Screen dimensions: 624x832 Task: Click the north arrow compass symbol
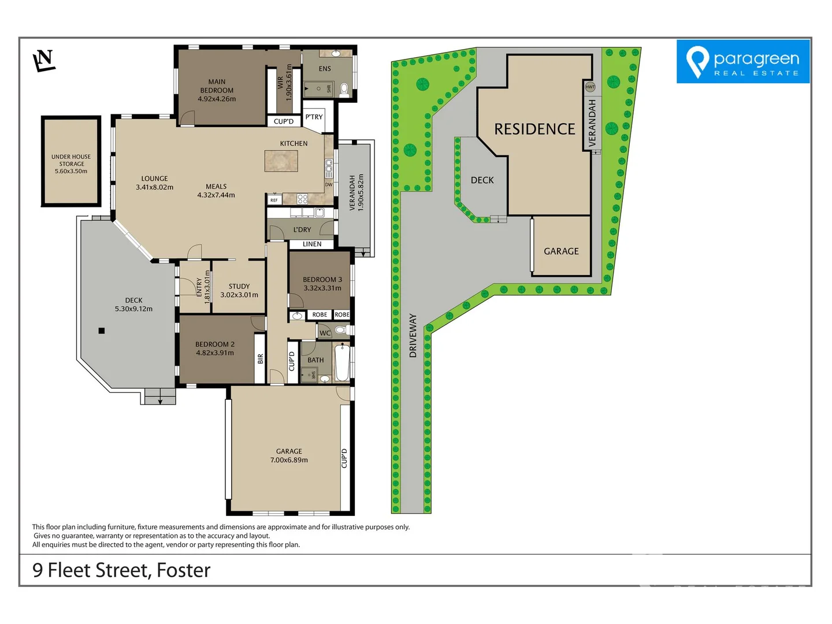44,61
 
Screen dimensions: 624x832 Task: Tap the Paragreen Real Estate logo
743,61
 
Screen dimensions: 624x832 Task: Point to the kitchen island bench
281,161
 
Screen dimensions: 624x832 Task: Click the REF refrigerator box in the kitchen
274,200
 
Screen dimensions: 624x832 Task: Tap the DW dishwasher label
329,185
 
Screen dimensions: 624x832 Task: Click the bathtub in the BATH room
342,362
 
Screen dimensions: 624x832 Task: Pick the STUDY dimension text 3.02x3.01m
239,295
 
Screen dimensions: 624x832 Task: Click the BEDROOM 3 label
322,279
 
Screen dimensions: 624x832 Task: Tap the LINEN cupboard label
312,244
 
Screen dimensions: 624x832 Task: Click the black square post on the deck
102,330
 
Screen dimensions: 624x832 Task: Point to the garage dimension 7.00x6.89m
289,460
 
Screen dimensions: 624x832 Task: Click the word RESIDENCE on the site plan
534,129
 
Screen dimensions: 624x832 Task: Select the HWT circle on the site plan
590,87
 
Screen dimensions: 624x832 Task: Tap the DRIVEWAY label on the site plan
413,336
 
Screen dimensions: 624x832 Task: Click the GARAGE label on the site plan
561,251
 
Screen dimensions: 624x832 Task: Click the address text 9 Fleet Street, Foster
121,570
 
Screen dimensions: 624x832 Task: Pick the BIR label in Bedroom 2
261,359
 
